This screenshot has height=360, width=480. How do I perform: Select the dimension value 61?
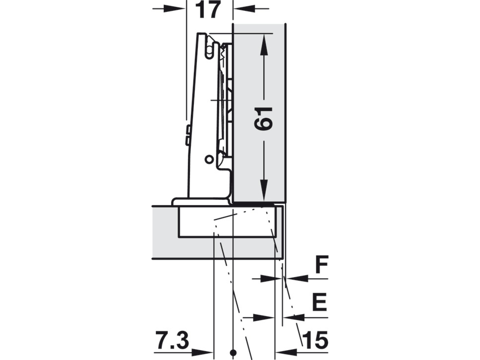(263, 119)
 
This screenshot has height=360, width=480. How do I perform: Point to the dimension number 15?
(315, 341)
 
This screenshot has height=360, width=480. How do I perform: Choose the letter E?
(319, 302)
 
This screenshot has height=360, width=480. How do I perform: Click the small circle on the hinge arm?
(209, 159)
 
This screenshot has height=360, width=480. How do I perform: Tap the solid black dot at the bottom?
(233, 353)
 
